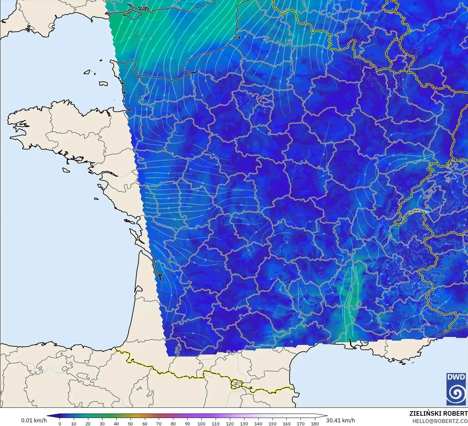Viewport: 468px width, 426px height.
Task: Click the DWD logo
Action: click(456, 389)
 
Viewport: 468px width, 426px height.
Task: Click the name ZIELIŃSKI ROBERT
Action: click(438, 413)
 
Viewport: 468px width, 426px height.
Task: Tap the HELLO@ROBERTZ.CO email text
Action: click(440, 420)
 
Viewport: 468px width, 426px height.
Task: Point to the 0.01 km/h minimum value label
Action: click(34, 420)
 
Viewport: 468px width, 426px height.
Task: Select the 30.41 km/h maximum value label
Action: click(340, 420)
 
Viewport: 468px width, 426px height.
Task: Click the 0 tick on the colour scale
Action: click(60, 423)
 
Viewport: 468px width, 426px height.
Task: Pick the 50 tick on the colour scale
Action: click(130, 423)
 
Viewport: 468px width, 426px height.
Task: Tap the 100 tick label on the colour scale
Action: click(201, 423)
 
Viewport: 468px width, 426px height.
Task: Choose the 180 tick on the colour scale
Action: click(315, 423)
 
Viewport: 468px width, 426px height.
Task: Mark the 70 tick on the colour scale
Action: click(159, 423)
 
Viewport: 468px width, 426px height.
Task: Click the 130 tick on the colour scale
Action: click(244, 423)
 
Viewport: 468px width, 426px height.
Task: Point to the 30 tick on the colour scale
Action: click(102, 423)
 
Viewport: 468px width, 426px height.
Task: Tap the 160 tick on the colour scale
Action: click(286, 423)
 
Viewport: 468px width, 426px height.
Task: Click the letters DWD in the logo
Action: click(456, 377)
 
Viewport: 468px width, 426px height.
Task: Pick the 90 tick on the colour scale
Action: click(187, 423)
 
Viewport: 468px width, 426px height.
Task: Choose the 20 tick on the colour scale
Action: click(88, 423)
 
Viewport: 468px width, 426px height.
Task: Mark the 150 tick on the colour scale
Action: click(272, 423)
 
